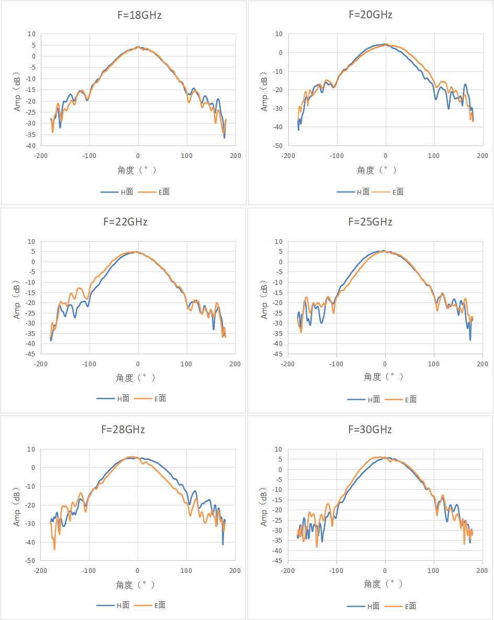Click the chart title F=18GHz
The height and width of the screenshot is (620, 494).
click(140, 15)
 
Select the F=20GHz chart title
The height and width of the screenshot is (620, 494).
click(371, 15)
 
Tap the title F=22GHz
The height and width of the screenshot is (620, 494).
click(126, 222)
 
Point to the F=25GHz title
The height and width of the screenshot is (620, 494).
click(370, 222)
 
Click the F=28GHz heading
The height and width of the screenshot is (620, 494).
click(123, 430)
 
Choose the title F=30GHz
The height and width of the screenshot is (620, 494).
click(370, 430)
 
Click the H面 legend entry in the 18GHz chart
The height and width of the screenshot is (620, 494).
click(117, 192)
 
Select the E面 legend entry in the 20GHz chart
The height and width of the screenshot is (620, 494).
click(388, 192)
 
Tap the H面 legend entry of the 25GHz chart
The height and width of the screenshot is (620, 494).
click(364, 400)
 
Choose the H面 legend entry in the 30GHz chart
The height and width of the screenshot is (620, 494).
click(363, 606)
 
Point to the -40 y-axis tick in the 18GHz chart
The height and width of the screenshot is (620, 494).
click(31, 146)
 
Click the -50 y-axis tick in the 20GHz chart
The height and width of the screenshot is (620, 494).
click(278, 146)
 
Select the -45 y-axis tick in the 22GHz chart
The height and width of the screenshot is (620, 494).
click(30, 354)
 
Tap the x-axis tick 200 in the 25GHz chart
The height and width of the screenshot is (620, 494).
click(482, 364)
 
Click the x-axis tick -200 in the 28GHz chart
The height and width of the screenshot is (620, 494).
click(40, 571)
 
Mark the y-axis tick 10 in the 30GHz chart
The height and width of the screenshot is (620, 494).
click(278, 449)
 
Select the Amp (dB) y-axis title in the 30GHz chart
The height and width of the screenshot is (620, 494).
click(264, 507)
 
